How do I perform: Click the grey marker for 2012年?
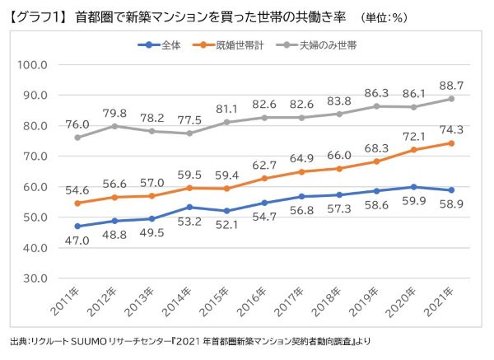[x=115, y=126]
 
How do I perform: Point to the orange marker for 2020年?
[x=414, y=150]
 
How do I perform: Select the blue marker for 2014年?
[x=190, y=208]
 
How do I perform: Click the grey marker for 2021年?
[x=451, y=99]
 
